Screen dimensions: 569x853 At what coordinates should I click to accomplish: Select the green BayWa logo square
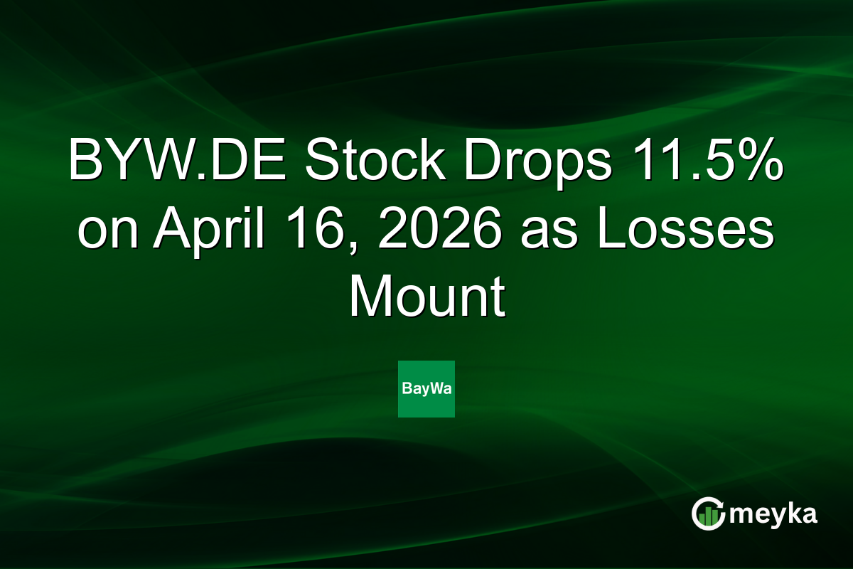(x=426, y=389)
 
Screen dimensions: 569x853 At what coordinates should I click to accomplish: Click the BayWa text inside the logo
(x=426, y=390)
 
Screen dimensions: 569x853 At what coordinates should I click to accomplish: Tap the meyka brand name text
(x=773, y=514)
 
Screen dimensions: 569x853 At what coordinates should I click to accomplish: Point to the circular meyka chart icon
(x=708, y=514)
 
